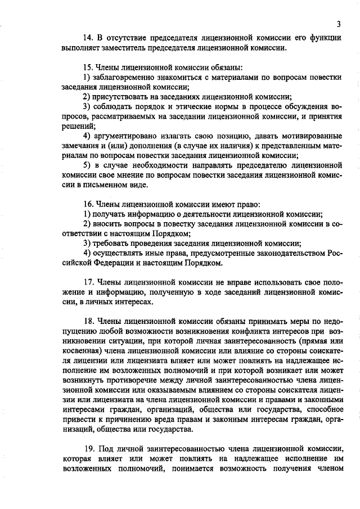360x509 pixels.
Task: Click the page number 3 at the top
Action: pos(339,24)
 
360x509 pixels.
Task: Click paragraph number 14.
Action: pos(88,38)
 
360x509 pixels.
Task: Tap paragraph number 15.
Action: pos(88,67)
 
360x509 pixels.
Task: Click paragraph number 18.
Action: pos(88,321)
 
